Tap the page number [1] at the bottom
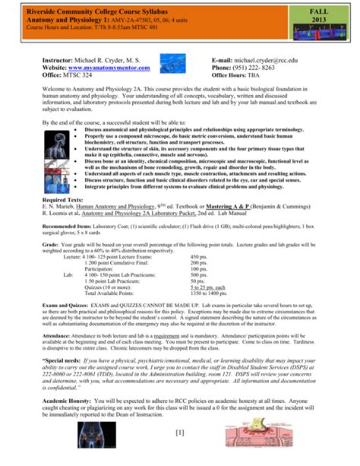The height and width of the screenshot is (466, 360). click(x=180, y=454)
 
